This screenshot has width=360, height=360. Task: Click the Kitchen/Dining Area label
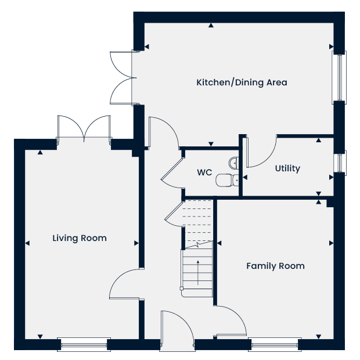[242, 82]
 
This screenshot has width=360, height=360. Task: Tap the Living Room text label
[80, 238]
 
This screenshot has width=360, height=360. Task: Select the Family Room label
[275, 266]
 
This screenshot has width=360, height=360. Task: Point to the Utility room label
[287, 168]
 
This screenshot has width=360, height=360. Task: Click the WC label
[204, 172]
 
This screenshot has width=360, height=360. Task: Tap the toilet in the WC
[227, 180]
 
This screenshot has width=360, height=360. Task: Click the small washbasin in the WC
[234, 163]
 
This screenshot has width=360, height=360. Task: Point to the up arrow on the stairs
[198, 273]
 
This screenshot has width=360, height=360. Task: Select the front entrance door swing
[177, 325]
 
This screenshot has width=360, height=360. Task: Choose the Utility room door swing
[262, 152]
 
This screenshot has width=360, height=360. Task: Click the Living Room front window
[84, 344]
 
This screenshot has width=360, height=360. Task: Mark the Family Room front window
[275, 344]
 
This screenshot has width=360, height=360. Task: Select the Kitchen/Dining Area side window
[339, 78]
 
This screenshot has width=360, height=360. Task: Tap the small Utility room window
[340, 163]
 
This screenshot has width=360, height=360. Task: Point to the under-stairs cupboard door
[175, 214]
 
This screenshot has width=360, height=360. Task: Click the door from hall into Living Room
[124, 284]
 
